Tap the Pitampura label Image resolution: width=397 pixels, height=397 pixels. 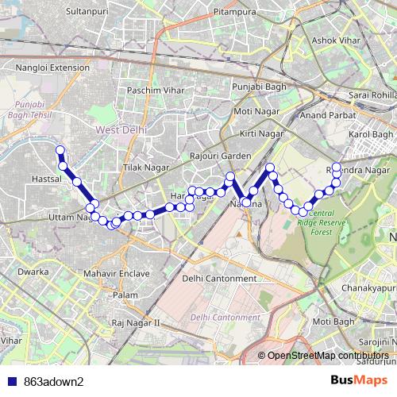click(236, 13)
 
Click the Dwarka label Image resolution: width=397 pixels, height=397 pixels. click(33, 272)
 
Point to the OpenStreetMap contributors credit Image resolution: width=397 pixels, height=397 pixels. click(328, 355)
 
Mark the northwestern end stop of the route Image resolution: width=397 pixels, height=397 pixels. click(59, 149)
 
